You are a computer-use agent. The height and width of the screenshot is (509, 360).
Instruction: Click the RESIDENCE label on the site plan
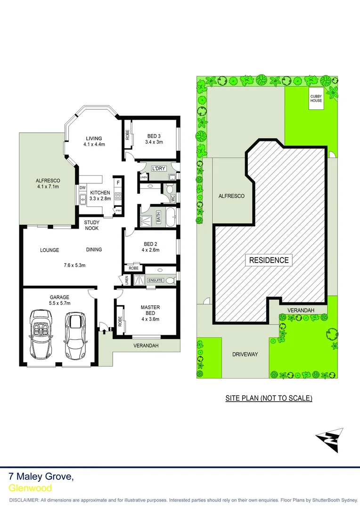click(269, 260)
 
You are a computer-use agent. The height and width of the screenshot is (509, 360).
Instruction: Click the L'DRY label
click(157, 168)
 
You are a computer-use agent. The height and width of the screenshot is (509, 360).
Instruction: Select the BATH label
click(159, 218)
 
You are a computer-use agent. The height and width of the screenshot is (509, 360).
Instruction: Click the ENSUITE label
click(155, 280)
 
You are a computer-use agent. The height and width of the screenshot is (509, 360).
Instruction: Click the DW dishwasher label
click(82, 188)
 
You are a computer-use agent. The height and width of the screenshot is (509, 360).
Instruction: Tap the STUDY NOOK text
click(92, 225)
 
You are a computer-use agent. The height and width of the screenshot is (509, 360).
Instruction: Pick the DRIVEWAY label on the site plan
click(245, 354)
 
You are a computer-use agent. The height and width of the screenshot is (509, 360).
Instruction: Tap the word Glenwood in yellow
click(30, 488)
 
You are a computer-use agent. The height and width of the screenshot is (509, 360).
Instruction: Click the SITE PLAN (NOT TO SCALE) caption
click(269, 398)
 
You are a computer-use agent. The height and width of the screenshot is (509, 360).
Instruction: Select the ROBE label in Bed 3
click(127, 135)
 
